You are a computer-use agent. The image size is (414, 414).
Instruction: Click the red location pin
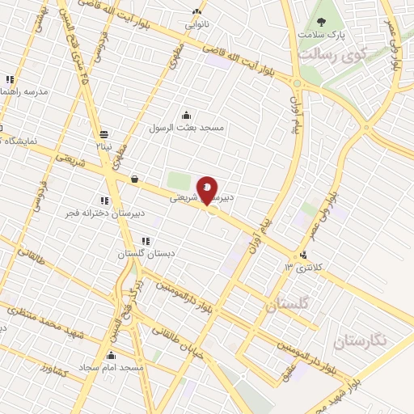[208, 191]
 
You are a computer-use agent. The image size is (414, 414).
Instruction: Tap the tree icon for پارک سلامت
[321, 22]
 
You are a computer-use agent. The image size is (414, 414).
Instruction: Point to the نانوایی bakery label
[196, 24]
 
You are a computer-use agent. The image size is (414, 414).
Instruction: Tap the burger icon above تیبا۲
[103, 134]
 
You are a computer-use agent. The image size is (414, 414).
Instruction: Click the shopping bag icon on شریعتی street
[133, 180]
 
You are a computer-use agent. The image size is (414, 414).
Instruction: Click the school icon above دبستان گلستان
[145, 241]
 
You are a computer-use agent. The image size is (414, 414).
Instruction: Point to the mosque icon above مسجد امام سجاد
[111, 354]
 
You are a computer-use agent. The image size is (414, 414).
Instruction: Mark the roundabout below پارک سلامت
[297, 82]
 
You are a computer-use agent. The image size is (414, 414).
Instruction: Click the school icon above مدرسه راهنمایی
[9, 79]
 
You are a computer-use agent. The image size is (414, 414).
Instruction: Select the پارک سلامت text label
[321, 36]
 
